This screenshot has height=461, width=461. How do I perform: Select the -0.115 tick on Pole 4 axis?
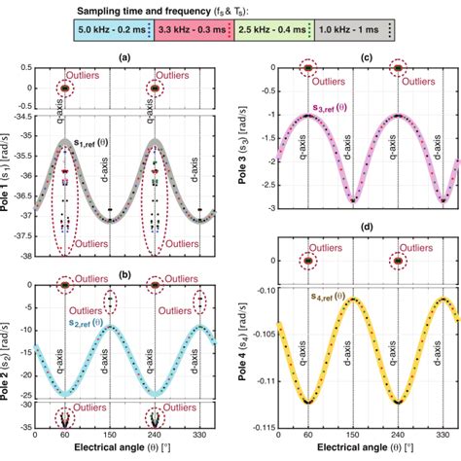pos(261,427)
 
